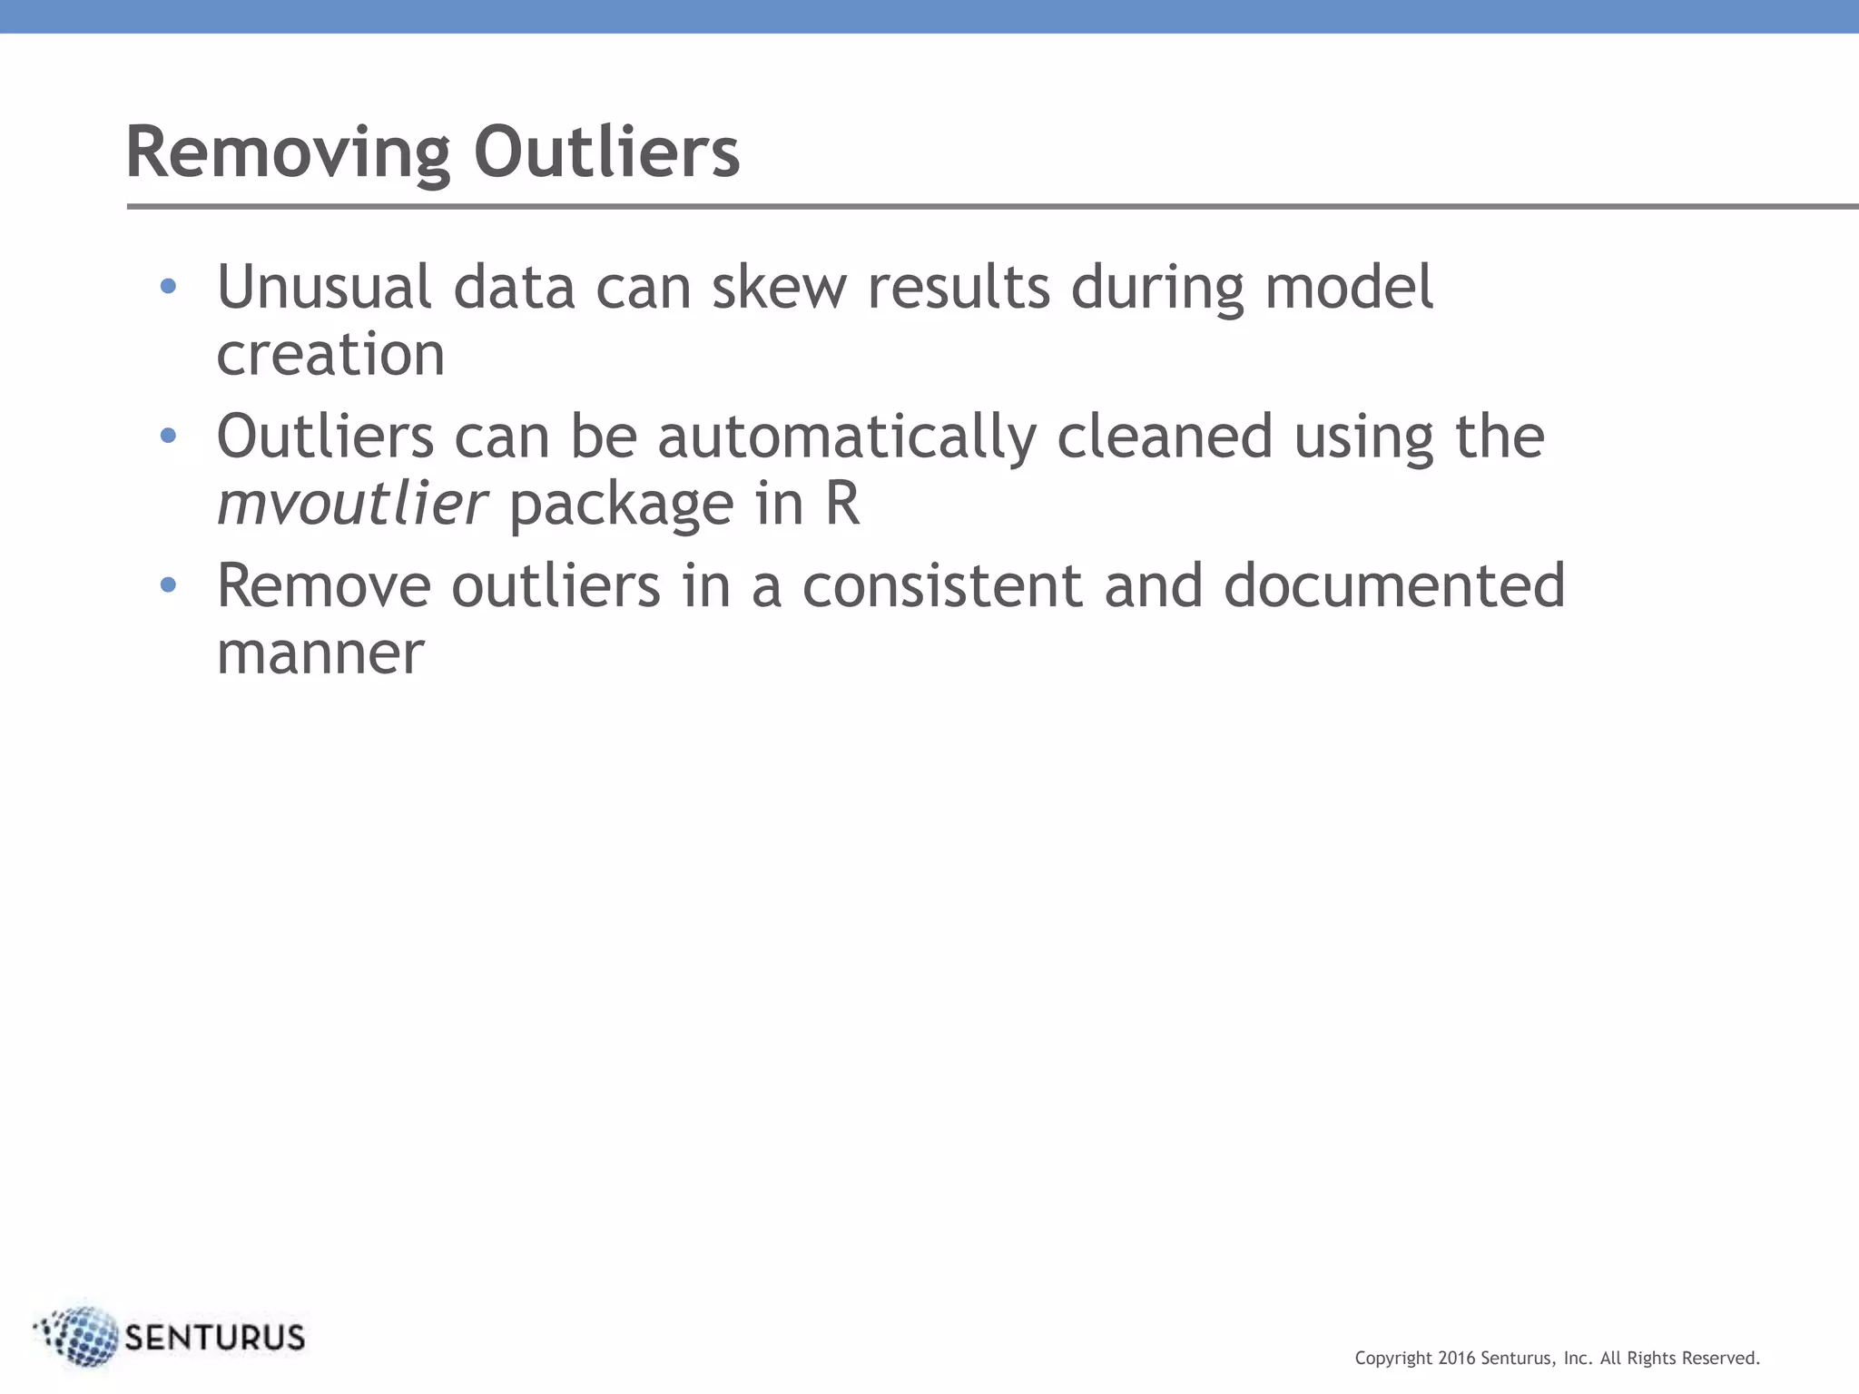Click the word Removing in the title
[288, 152]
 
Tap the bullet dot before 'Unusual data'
[168, 287]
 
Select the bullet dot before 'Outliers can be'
[168, 437]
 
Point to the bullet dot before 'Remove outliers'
[168, 585]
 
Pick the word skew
[778, 287]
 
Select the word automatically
[846, 437]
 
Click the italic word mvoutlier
[352, 504]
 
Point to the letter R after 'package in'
[841, 504]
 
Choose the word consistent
[941, 586]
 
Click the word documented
[1393, 586]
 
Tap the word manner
[320, 653]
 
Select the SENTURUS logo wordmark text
[214, 1338]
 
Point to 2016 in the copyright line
[1457, 1359]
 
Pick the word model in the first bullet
[1349, 287]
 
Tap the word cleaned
[1165, 437]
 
